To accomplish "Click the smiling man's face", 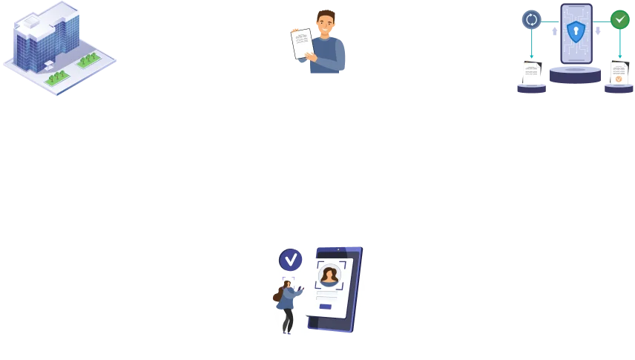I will click(325, 24).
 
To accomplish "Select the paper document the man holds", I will click(302, 44).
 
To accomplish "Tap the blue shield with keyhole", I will click(576, 31).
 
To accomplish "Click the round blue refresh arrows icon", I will click(532, 19).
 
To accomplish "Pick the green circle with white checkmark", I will click(619, 19).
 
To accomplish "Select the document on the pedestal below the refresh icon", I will click(531, 72).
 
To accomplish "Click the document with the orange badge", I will click(618, 73).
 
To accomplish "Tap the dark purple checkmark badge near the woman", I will click(290, 259).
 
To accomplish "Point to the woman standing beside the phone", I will click(287, 304).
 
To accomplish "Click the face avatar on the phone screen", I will click(329, 275).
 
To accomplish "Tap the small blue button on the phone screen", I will click(325, 306).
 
